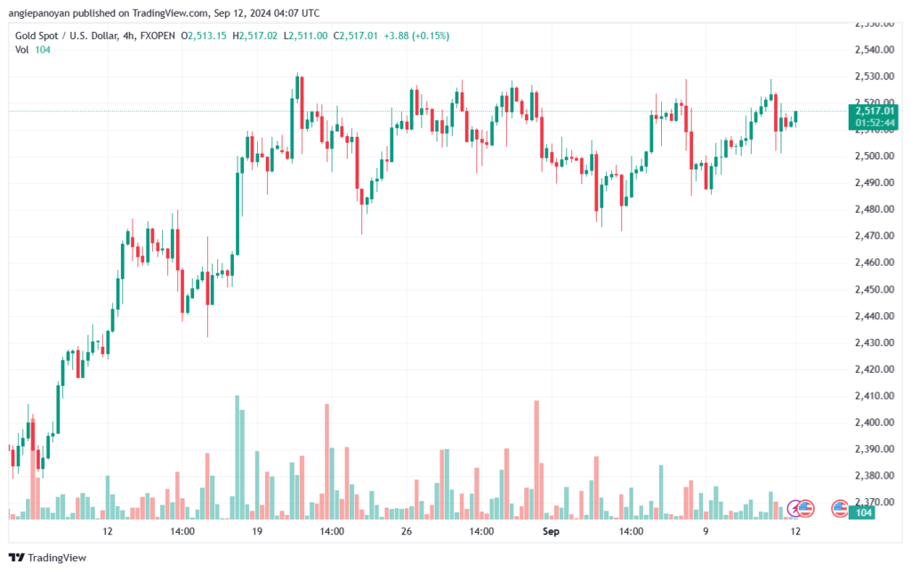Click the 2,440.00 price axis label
coord(868,316)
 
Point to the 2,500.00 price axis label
coord(868,156)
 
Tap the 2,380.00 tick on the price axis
coord(868,476)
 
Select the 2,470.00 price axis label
coord(868,236)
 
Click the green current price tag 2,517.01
coord(867,111)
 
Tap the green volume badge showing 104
coord(861,513)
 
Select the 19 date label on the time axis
coord(256,531)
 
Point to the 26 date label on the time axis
coord(406,531)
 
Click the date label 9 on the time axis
coord(705,531)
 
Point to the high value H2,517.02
coord(256,36)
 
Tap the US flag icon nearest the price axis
coord(840,508)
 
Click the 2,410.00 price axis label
coord(868,396)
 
